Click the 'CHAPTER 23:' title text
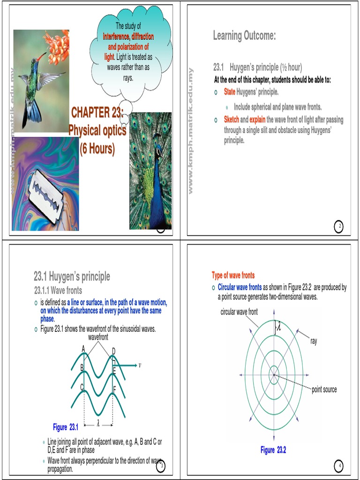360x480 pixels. pos(97,113)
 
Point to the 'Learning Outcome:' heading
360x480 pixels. pos(244,36)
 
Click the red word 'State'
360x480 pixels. pos(229,91)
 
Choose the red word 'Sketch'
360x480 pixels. pos(232,120)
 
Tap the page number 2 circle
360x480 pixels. pos(339,227)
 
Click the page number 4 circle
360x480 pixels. pos(339,465)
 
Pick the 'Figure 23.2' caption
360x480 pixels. pos(273,450)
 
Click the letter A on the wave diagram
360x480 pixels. pos(83,349)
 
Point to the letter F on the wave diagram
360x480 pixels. pos(114,389)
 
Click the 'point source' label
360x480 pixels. pos(324,390)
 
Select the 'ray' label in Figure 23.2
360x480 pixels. pos(314,341)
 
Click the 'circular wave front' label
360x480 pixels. pos(239,312)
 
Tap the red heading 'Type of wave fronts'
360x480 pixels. pos(233,275)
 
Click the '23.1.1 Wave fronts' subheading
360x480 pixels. pos(58,291)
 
